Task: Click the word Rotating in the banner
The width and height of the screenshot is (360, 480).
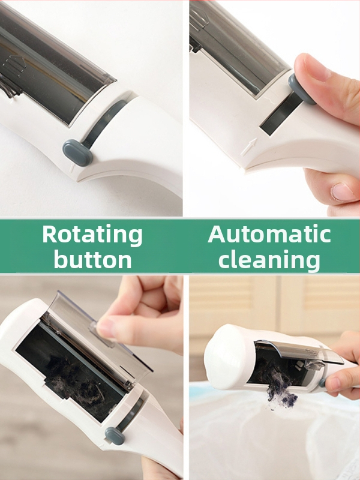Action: [x=92, y=235]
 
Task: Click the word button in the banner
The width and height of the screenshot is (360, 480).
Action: [x=93, y=259]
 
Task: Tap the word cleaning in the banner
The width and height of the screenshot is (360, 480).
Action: [x=269, y=259]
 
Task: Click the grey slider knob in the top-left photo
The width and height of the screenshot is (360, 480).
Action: [x=77, y=152]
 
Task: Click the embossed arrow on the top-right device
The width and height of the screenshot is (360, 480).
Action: [x=248, y=146]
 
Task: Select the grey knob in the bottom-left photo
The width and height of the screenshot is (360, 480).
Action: [x=115, y=436]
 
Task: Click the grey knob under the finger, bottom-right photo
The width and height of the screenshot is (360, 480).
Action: [x=322, y=383]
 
